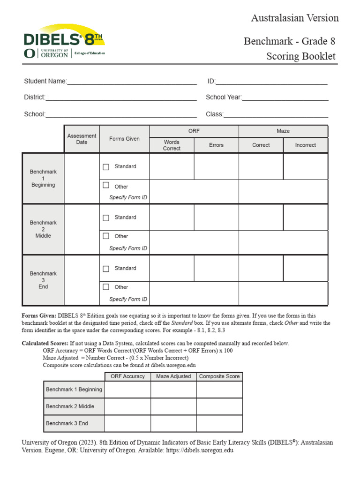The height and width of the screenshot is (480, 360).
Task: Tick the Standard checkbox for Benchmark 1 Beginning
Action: point(106,167)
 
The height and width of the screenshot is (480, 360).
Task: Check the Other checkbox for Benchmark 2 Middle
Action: point(106,236)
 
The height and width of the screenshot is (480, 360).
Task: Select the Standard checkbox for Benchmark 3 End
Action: point(106,269)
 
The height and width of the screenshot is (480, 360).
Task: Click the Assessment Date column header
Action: point(82,139)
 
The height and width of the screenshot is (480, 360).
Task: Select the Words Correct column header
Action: point(172,145)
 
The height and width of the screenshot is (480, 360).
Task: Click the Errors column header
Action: point(216,145)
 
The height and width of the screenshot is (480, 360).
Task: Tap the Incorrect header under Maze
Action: point(306,145)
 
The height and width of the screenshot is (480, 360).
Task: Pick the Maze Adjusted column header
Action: point(173,376)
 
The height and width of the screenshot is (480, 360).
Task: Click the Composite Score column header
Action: point(219,376)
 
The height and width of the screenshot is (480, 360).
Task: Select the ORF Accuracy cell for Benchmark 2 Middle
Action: point(127,406)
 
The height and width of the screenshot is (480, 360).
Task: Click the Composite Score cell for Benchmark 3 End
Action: point(219,423)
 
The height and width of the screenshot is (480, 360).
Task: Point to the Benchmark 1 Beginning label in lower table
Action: point(74,390)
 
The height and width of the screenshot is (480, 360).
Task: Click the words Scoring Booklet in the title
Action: point(301,56)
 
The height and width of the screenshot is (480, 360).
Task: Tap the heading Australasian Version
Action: point(295,18)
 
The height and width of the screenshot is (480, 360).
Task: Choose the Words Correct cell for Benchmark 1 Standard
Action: point(172,166)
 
